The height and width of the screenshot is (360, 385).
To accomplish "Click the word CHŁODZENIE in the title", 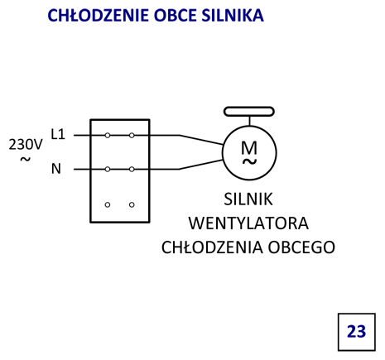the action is (x=99, y=15).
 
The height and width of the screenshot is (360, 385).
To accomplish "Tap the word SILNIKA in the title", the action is (x=233, y=15).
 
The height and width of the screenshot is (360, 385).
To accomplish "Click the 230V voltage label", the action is (x=26, y=144).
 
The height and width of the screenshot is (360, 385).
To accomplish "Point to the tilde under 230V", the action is (x=26, y=159).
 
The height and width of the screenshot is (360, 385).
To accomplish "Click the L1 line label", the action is (x=58, y=134).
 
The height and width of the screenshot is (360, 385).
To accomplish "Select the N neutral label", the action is (x=56, y=169).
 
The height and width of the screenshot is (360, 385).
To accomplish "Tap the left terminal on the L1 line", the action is (x=108, y=136).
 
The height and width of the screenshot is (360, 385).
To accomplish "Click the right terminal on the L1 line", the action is (x=132, y=136).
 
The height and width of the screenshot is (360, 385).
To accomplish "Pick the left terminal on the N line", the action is (x=108, y=169).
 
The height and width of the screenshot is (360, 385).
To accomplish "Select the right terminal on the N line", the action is (x=132, y=169).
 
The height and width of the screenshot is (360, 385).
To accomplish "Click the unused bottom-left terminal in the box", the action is (x=108, y=204).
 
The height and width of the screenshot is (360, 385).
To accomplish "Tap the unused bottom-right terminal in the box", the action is (x=132, y=204).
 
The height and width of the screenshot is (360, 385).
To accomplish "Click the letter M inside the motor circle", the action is (x=249, y=147).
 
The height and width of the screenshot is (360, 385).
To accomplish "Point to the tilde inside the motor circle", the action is (x=249, y=161).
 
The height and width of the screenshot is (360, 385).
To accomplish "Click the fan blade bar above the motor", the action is (x=249, y=112).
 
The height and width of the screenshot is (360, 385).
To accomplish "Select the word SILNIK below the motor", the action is (x=248, y=199).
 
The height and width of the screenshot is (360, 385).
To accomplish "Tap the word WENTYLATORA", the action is (x=248, y=223).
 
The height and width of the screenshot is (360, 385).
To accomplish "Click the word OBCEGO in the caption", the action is (x=301, y=247).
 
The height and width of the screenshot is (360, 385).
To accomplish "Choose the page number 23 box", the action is (x=357, y=332).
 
